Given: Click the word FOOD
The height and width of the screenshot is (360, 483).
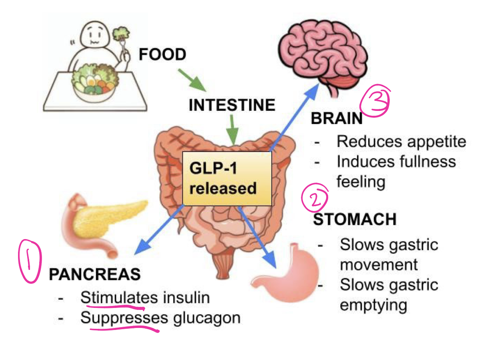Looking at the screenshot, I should point(162,54).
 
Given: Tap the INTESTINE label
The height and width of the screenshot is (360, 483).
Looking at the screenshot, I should point(232,105).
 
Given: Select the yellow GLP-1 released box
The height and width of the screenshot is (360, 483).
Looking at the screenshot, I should point(227,178).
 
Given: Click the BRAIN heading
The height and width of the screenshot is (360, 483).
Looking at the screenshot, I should point(337,119).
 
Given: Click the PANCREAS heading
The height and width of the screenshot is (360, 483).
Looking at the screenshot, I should point(95,274).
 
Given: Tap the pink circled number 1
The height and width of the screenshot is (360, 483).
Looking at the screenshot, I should point(30,261).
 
